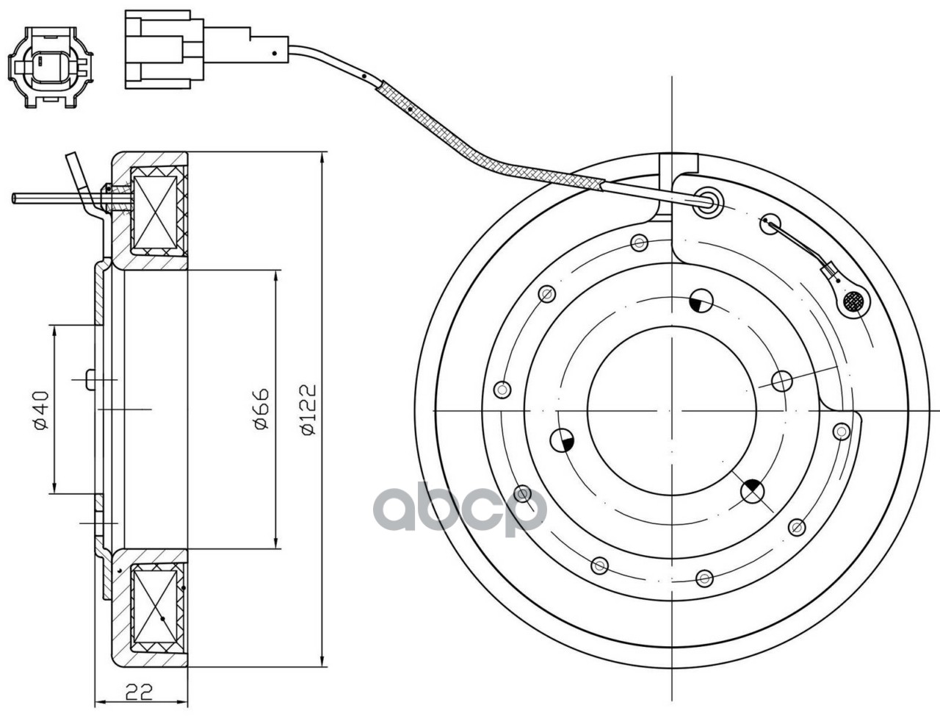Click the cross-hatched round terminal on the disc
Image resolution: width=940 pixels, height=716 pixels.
(853, 301)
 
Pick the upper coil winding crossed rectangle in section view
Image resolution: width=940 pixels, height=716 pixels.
(156, 208)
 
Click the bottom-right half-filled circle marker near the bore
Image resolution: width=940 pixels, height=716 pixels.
(753, 491)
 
